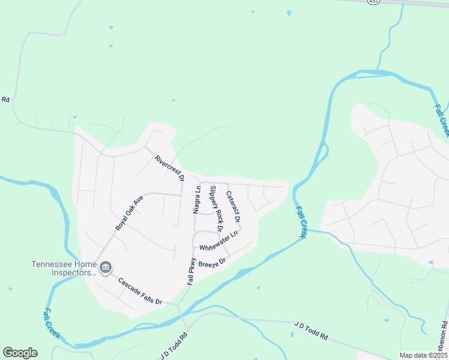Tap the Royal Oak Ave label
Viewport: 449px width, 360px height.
130,212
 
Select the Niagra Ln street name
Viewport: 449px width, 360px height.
196,199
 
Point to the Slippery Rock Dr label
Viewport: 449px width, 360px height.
215,208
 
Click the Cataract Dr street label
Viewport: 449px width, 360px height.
233,208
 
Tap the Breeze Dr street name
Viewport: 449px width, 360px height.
211,263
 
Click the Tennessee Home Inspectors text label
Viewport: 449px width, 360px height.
64,268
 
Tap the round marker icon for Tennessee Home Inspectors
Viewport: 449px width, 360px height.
106,267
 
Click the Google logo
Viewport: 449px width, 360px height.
20,353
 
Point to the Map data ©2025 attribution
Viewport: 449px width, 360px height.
423,355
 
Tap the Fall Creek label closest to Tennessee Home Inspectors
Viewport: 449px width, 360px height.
52,323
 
